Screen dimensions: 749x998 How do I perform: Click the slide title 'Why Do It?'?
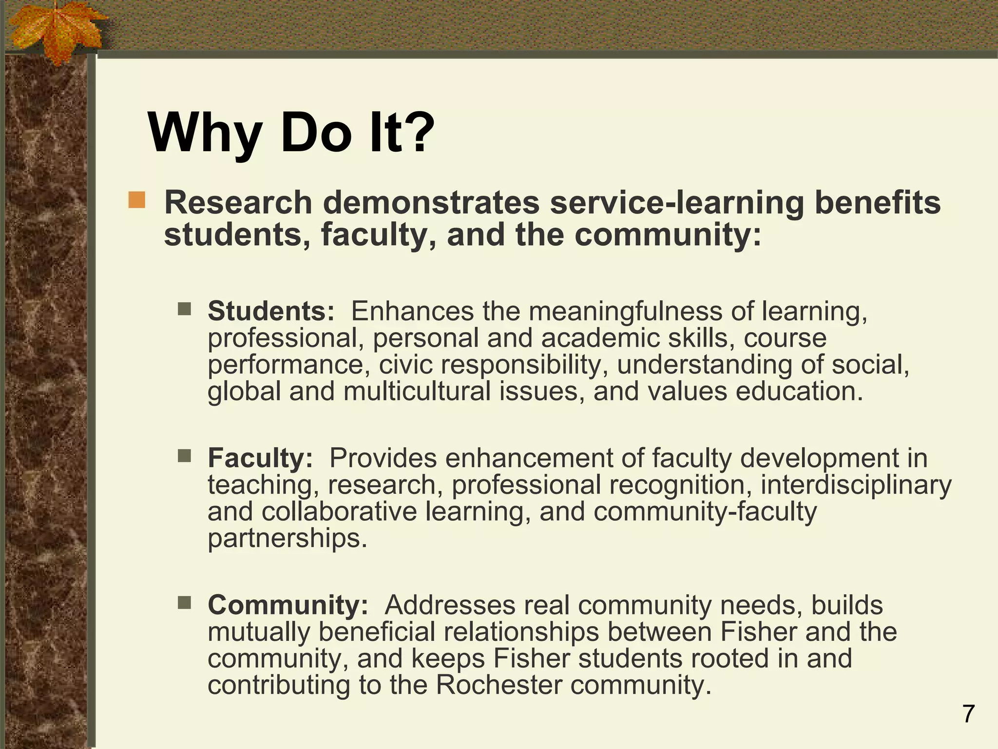(x=291, y=133)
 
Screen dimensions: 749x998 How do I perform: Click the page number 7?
(x=968, y=714)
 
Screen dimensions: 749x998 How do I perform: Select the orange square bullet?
(x=137, y=200)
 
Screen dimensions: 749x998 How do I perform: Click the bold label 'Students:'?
(x=271, y=311)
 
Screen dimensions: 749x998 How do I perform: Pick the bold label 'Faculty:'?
(x=260, y=458)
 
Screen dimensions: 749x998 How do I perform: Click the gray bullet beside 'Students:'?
(x=185, y=309)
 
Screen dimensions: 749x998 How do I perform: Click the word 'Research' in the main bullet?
(x=238, y=202)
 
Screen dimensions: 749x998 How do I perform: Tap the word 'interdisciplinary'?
(x=856, y=485)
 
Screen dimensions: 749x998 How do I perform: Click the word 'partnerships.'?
(x=288, y=538)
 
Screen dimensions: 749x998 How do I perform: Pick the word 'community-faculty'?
(x=705, y=512)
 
